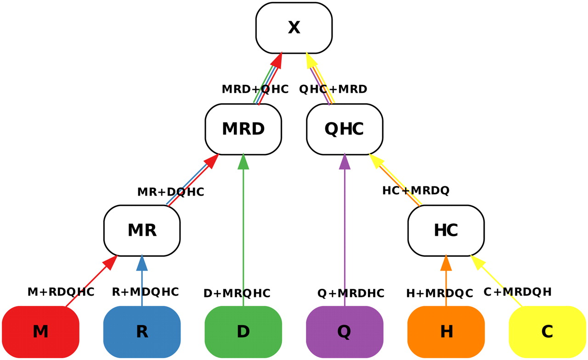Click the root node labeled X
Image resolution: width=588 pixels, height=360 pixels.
click(x=294, y=28)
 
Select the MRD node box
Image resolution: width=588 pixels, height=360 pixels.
click(x=243, y=129)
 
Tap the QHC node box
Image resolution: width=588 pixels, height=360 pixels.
click(x=345, y=129)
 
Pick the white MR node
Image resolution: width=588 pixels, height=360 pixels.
click(x=142, y=230)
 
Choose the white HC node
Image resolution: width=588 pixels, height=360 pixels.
click(x=446, y=230)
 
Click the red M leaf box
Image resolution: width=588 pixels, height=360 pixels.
click(x=40, y=332)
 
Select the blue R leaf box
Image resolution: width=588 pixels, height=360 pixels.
click(x=142, y=332)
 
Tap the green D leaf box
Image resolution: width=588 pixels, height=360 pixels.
click(x=243, y=332)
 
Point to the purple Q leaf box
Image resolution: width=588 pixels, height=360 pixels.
click(x=345, y=332)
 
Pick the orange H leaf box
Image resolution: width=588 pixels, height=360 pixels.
click(x=446, y=332)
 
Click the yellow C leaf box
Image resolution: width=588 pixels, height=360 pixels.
click(x=547, y=332)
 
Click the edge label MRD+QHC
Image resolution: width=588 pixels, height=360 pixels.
click(x=255, y=89)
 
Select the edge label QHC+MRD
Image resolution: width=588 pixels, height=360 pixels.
click(x=333, y=89)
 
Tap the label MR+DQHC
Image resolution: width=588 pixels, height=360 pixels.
click(x=170, y=192)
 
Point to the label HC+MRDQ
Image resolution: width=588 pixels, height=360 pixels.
click(x=416, y=190)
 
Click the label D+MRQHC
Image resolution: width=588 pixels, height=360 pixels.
click(x=237, y=293)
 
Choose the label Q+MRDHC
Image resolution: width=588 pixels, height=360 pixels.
click(x=351, y=293)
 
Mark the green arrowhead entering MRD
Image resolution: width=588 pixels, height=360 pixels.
click(x=243, y=162)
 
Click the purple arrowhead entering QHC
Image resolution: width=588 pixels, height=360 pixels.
click(x=345, y=162)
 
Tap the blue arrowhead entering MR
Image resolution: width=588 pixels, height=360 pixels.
click(x=142, y=263)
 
